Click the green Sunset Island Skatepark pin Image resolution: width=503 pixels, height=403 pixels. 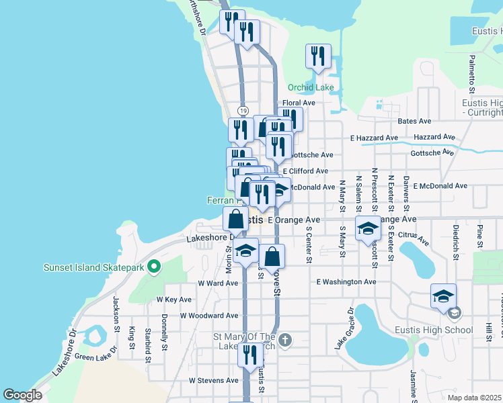pos(154,267)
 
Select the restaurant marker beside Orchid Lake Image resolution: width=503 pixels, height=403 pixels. pos(317,57)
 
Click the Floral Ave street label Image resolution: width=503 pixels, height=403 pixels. pos(299,103)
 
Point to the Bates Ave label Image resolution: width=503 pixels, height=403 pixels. pos(414,121)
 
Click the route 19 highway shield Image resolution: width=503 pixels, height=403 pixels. pos(243,111)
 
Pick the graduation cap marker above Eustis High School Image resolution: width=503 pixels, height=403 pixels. pos(443,296)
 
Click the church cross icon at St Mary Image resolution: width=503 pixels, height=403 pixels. pos(285,339)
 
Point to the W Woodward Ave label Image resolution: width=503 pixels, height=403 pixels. pos(209,315)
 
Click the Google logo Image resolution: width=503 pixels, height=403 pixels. pos(22,395)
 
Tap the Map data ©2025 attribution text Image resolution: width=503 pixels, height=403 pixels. pos(474,398)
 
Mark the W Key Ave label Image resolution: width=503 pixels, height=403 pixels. pos(174,299)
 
